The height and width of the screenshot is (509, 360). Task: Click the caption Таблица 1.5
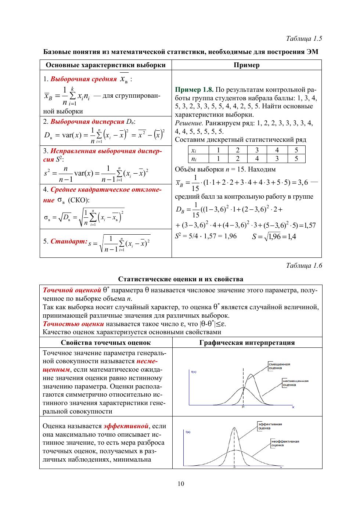tap(304, 39)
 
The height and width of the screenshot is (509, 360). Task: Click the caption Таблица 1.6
tap(304, 266)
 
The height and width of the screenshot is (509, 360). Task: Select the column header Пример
tap(246, 65)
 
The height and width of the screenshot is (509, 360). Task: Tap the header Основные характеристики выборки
tap(105, 65)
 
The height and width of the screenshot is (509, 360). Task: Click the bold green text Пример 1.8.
tap(194, 90)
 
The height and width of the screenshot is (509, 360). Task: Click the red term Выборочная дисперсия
tap(87, 122)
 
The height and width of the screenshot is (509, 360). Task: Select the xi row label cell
tap(194, 150)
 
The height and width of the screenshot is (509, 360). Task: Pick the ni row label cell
tap(194, 159)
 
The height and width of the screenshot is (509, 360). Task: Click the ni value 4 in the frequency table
tap(257, 159)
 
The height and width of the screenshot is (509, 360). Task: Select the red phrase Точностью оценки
tap(73, 324)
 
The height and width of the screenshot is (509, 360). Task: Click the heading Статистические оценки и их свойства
tap(180, 279)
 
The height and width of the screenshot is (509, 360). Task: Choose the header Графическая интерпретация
tap(247, 343)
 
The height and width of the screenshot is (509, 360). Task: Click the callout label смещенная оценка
tap(279, 366)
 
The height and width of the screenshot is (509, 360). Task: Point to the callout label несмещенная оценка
tap(295, 383)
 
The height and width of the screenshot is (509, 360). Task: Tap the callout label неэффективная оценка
tap(285, 443)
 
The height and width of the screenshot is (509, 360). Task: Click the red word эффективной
tap(126, 426)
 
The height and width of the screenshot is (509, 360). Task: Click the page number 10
tap(181, 484)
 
